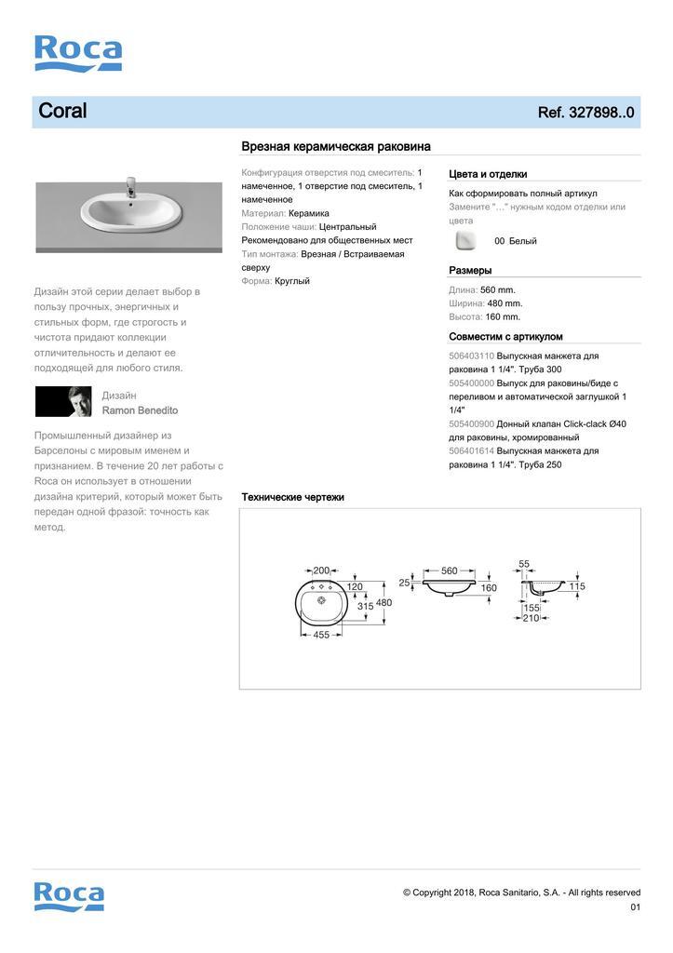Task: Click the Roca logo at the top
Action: click(78, 53)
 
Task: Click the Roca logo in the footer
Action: click(69, 895)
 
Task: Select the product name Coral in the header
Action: click(62, 112)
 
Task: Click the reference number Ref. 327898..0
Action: click(586, 113)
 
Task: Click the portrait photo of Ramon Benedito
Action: click(63, 402)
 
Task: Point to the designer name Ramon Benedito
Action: click(140, 410)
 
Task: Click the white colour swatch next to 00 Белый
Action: click(464, 241)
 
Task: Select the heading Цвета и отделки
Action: click(488, 174)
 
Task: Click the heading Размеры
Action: click(470, 271)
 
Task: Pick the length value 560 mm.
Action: click(498, 289)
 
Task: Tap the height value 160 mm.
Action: click(503, 316)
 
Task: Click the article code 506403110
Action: click(471, 356)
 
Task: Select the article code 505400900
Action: click(471, 424)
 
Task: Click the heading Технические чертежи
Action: click(292, 497)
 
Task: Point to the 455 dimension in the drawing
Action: click(320, 636)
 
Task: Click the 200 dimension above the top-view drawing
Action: click(321, 570)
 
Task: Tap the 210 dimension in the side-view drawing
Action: click(531, 618)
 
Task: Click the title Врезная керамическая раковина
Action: click(335, 146)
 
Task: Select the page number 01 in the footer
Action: click(635, 907)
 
